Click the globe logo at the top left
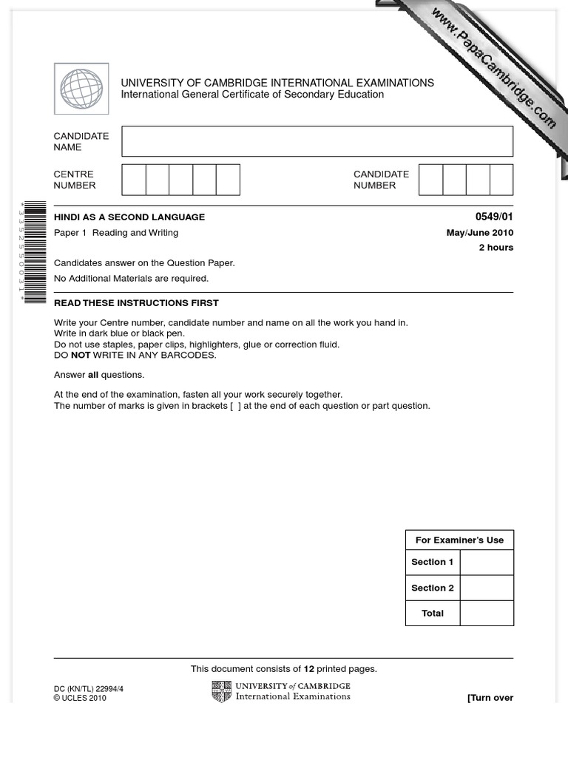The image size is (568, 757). click(x=81, y=89)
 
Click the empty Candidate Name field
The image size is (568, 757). click(x=317, y=141)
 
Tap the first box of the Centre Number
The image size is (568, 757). click(x=134, y=180)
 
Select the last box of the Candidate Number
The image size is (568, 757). click(x=501, y=180)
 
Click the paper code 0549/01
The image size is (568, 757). click(x=494, y=217)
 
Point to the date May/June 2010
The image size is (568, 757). click(x=479, y=233)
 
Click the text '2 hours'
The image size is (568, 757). click(x=496, y=248)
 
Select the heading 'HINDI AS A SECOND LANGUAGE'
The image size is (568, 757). click(x=129, y=217)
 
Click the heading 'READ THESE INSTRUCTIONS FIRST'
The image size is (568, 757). click(x=136, y=303)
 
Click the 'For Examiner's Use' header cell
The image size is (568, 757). click(x=459, y=540)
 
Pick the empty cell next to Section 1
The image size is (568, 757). click(x=486, y=562)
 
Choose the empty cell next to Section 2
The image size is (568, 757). click(x=486, y=588)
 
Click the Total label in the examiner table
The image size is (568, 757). click(x=433, y=613)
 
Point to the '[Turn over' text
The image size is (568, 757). click(x=490, y=698)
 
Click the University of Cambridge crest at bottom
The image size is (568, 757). click(x=221, y=691)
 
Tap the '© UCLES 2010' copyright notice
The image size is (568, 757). click(x=80, y=698)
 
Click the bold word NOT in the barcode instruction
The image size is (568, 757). click(x=81, y=355)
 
